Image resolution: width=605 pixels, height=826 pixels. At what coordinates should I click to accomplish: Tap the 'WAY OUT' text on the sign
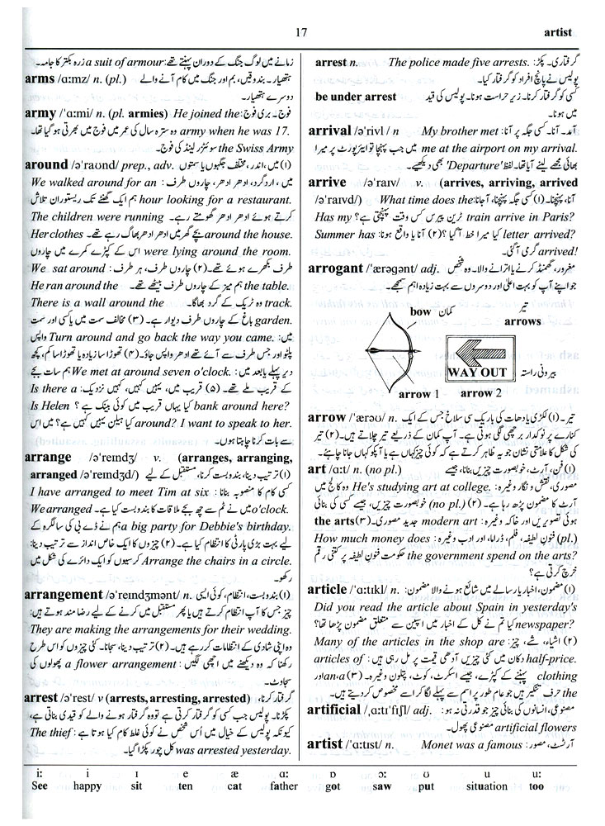tap(475, 371)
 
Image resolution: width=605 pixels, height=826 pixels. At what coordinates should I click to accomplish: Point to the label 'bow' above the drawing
tap(421, 311)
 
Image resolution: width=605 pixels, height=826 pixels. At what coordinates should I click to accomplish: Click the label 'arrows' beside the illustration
tap(522, 320)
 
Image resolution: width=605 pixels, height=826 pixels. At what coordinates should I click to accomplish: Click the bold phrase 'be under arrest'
tap(356, 97)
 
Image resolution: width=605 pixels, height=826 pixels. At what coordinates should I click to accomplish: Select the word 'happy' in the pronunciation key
tap(86, 809)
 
